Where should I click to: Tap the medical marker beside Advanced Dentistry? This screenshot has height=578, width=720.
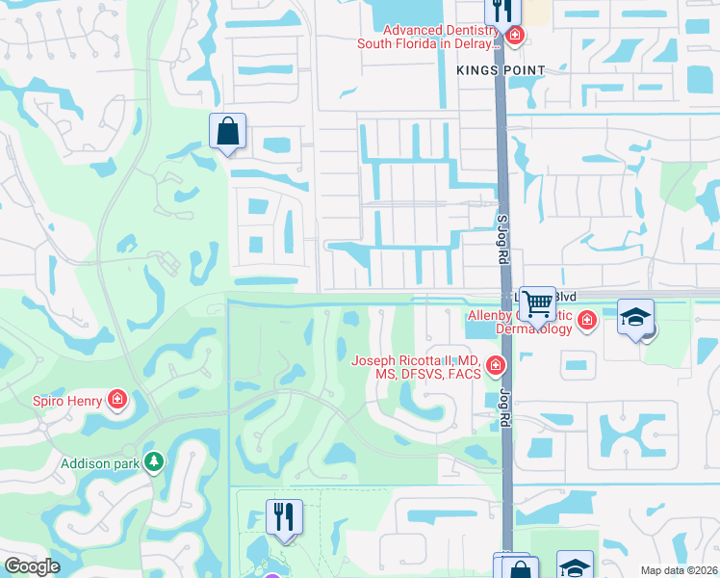click(x=515, y=37)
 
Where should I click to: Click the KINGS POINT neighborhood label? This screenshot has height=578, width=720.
click(x=501, y=70)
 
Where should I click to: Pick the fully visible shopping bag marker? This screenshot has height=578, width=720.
click(x=228, y=131)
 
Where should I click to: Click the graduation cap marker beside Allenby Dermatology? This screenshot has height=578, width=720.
click(x=635, y=318)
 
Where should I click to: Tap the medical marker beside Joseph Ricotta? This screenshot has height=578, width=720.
click(x=496, y=366)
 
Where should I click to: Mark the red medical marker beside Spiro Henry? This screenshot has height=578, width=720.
click(x=116, y=399)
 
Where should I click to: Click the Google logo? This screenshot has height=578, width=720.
click(x=32, y=566)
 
